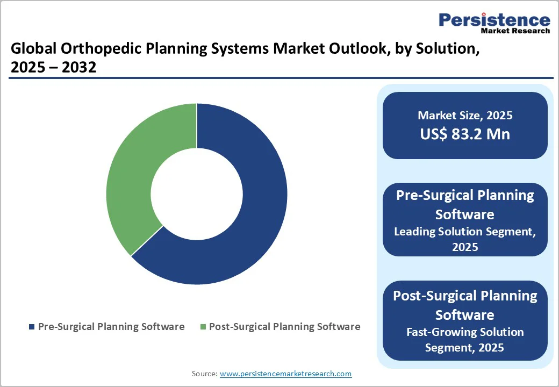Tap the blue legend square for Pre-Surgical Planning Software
(x=32, y=327)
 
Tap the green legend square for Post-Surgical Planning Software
(x=203, y=327)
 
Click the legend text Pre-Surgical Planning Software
(x=111, y=327)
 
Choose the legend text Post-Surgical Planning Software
(x=284, y=327)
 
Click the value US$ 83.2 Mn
(x=465, y=134)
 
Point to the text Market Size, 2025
(x=465, y=116)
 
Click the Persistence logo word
(x=494, y=20)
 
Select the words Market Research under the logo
(x=515, y=31)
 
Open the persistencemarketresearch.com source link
(x=285, y=374)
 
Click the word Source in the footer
(x=204, y=374)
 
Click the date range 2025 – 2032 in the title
(x=53, y=68)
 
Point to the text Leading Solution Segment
(x=465, y=232)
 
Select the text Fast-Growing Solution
(x=465, y=332)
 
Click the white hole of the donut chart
(x=196, y=193)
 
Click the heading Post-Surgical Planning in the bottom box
(x=465, y=296)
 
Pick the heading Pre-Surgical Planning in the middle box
(x=465, y=196)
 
